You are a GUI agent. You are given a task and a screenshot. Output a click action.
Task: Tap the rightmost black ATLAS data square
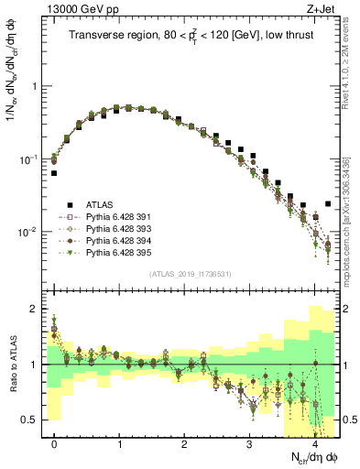click(328, 204)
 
